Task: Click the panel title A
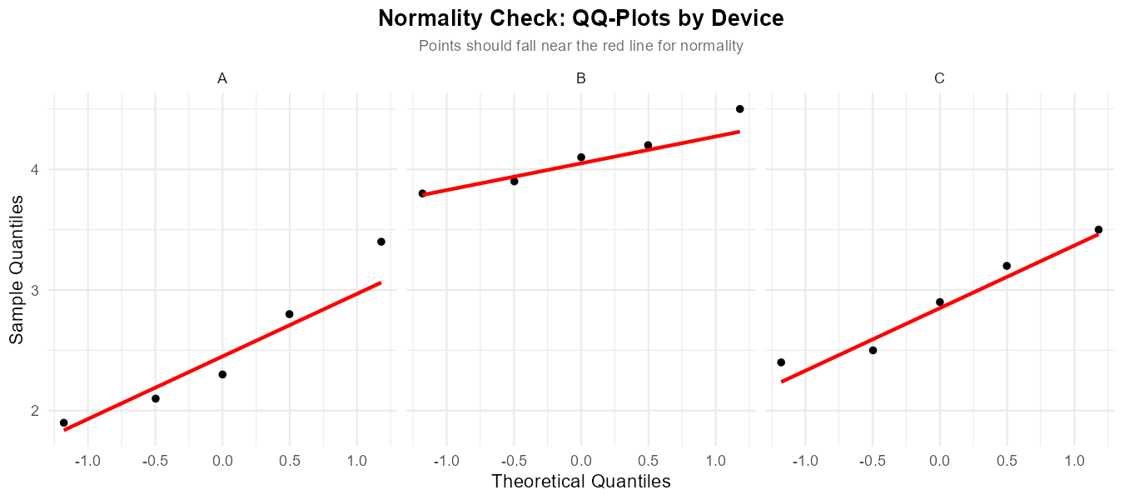222,78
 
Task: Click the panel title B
580,78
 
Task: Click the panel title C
939,78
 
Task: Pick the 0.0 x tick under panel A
222,461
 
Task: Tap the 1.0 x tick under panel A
356,461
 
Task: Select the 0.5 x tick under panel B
648,461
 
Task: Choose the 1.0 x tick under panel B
714,461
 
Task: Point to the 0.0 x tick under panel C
939,461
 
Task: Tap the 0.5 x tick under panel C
1007,461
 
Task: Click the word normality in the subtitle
712,46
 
